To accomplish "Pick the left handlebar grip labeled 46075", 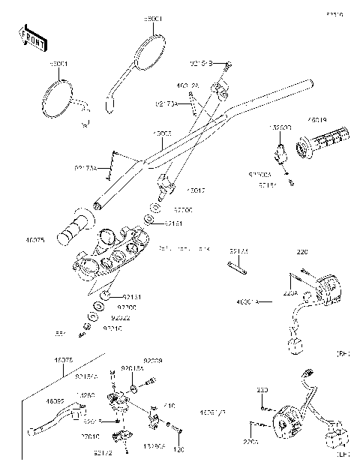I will (x=75, y=226).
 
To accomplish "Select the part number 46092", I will (x=55, y=402).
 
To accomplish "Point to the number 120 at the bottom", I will (x=178, y=451).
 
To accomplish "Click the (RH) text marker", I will (x=344, y=352).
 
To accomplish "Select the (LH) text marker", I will (x=344, y=454).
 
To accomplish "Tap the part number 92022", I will (x=109, y=318).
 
